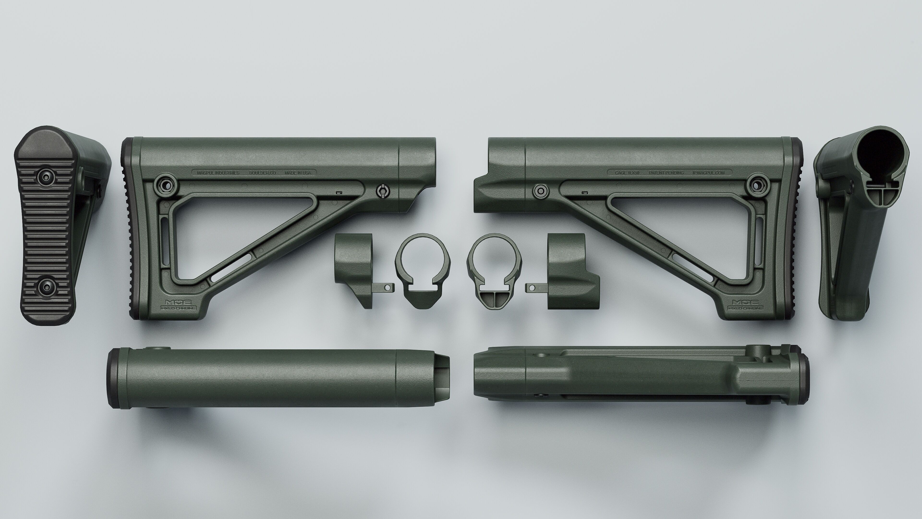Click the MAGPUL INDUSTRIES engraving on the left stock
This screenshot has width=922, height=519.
tap(218, 173)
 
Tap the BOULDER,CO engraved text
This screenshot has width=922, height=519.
tap(262, 173)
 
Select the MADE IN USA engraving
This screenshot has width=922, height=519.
tap(298, 173)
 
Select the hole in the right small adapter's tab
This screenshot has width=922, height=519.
tap(532, 287)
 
